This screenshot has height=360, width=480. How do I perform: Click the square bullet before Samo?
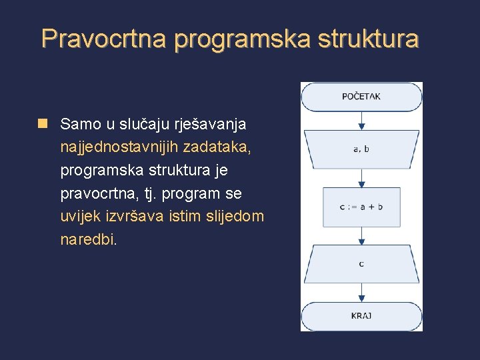point(43,123)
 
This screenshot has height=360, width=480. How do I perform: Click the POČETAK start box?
point(361,97)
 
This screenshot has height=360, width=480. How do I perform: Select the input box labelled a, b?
point(361,149)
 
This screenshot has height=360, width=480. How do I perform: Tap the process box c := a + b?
point(361,207)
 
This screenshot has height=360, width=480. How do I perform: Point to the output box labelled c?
point(361,264)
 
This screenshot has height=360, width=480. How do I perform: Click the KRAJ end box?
point(361,315)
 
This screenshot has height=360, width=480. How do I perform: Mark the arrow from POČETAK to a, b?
point(361,121)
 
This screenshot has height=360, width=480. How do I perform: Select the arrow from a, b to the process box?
point(361,177)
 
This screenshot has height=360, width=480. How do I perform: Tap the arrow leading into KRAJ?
point(361,293)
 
